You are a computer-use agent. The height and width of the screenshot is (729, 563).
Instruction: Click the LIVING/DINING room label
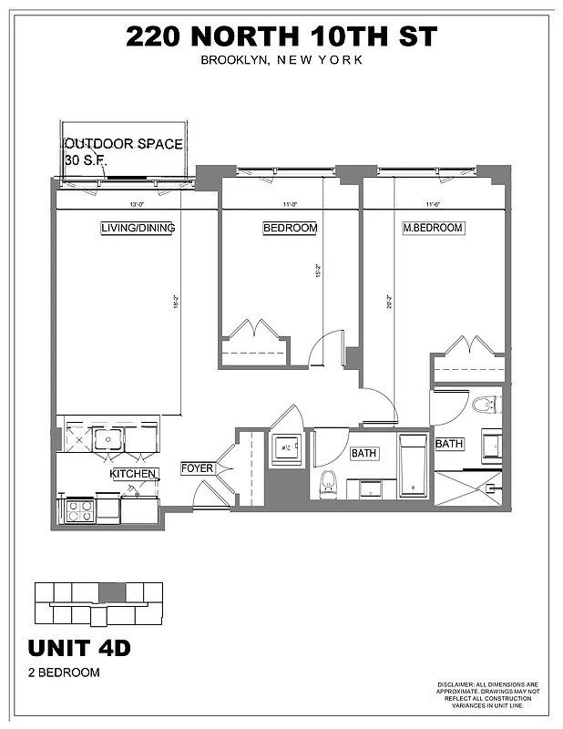click(138, 228)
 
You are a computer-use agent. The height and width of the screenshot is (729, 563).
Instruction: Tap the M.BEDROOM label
click(433, 228)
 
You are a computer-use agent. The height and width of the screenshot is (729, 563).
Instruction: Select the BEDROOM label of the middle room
click(290, 228)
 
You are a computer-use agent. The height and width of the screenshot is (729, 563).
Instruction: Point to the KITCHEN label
click(134, 474)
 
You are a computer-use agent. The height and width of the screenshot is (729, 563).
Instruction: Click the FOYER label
click(197, 468)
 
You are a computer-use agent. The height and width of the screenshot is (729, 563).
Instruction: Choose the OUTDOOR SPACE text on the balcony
click(123, 144)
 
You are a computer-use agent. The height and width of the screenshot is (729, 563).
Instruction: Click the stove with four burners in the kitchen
click(79, 510)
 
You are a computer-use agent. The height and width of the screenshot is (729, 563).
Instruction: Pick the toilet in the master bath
click(483, 403)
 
